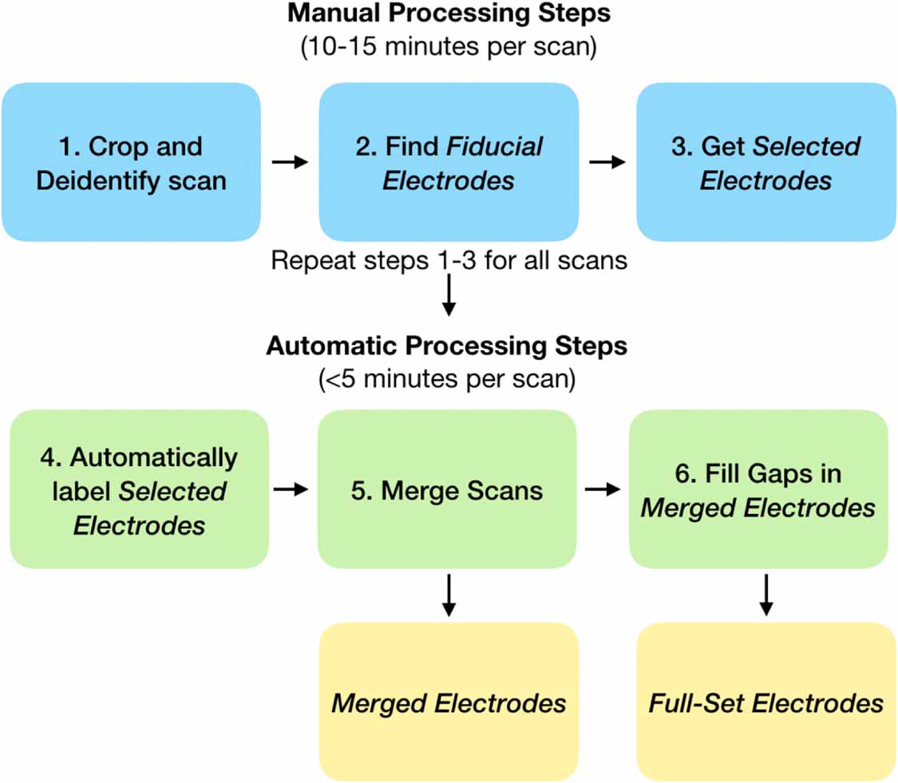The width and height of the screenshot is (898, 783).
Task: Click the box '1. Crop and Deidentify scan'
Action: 131,162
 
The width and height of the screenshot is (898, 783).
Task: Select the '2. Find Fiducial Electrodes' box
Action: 449,162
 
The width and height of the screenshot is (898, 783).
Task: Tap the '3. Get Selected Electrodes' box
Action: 765,162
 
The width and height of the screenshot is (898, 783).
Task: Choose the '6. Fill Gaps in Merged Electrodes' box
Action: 758,489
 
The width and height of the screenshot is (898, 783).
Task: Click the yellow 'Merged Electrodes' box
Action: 449,702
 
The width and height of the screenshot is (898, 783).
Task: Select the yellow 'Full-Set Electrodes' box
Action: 765,702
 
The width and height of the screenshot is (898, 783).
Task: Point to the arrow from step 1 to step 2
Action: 289,162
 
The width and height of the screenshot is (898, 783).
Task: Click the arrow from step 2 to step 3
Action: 607,162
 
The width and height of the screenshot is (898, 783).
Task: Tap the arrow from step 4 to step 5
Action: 290,489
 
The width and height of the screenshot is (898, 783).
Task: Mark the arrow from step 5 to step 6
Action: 602,489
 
